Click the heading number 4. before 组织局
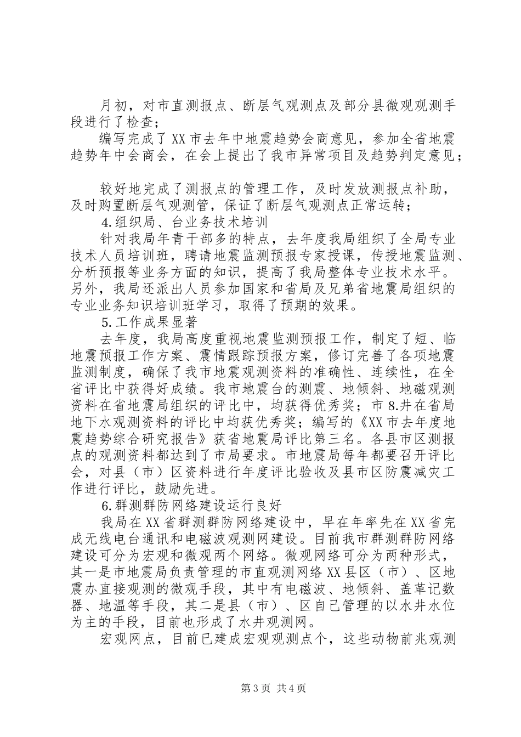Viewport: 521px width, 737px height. coord(106,223)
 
